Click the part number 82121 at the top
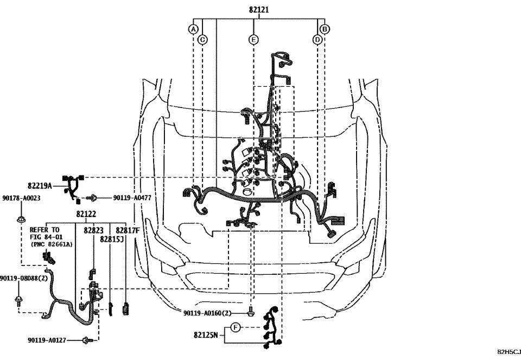pos(259,10)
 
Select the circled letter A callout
pos(193,29)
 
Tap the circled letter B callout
pos(325,29)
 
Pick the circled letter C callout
pos(202,39)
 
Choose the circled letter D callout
pos(317,39)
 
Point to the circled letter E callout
pos(253,39)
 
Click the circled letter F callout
pos(235,327)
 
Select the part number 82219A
pos(40,186)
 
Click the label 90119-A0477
pos(132,198)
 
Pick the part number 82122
pos(86,214)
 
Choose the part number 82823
pos(93,231)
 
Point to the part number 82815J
pos(112,239)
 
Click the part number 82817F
pos(128,231)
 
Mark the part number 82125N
pos(206,336)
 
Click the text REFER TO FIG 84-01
pos(45,233)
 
